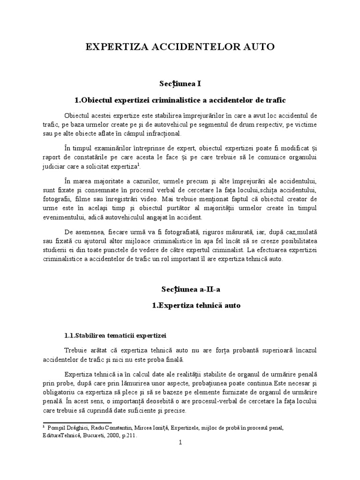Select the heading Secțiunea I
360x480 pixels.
coord(180,83)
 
